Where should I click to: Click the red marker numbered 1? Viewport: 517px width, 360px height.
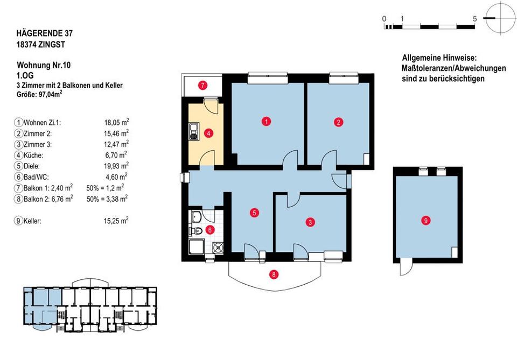point(266,121)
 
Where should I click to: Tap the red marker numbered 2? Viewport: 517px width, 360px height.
point(338,121)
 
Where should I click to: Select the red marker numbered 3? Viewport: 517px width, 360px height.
point(310,221)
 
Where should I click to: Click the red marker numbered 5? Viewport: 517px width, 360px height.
point(254,213)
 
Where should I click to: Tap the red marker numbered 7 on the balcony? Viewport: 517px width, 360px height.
point(202,85)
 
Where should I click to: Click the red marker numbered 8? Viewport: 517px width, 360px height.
point(275,274)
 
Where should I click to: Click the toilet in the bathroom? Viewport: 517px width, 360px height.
point(195,231)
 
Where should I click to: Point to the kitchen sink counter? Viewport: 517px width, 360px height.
point(193,131)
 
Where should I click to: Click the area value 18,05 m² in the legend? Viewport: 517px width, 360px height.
point(116,122)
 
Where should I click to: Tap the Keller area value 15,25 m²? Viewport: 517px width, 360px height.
point(116,221)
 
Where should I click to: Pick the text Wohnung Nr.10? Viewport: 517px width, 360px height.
point(44,65)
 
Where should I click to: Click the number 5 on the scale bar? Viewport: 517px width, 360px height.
point(474,19)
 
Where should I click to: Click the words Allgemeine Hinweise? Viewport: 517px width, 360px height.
point(439,58)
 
